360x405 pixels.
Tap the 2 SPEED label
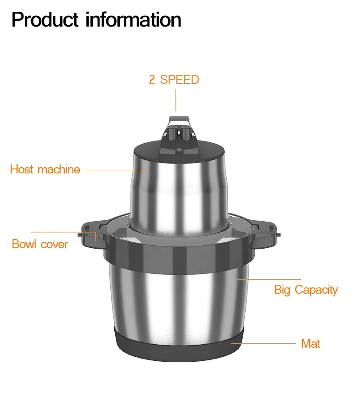click(174, 80)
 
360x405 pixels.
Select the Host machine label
click(45, 170)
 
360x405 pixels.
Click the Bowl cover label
click(40, 244)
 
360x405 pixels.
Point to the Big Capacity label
click(306, 290)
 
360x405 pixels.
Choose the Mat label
click(310, 344)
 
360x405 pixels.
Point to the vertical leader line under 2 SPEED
click(176, 100)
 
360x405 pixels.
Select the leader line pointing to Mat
click(265, 343)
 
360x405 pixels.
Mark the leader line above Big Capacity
click(270, 279)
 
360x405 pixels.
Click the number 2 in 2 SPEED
click(152, 80)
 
